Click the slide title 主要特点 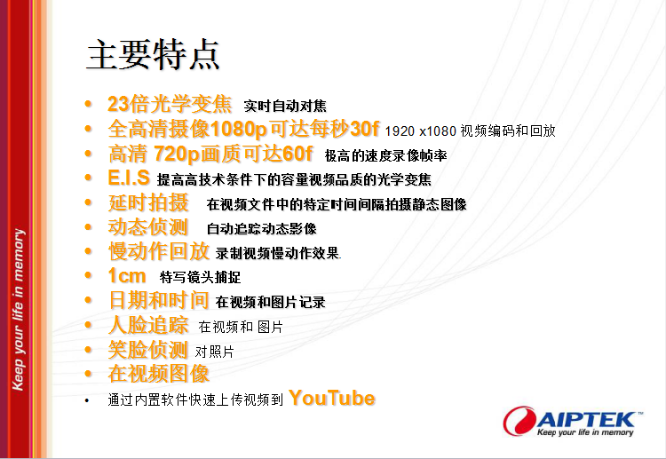click(153, 55)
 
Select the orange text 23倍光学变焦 click(170, 104)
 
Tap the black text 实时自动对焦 click(285, 106)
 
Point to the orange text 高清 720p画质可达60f click(210, 154)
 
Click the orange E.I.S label click(129, 178)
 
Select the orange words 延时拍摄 click(148, 202)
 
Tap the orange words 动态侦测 click(148, 227)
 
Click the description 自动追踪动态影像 click(262, 229)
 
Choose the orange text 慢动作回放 click(159, 251)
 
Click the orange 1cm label click(127, 275)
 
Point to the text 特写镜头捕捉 click(200, 277)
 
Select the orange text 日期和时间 click(158, 300)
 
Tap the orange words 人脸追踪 click(148, 325)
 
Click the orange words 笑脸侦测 click(147, 350)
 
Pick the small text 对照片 click(215, 352)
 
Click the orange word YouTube click(332, 399)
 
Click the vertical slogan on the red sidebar click(18, 310)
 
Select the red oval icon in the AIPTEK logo click(519, 421)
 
